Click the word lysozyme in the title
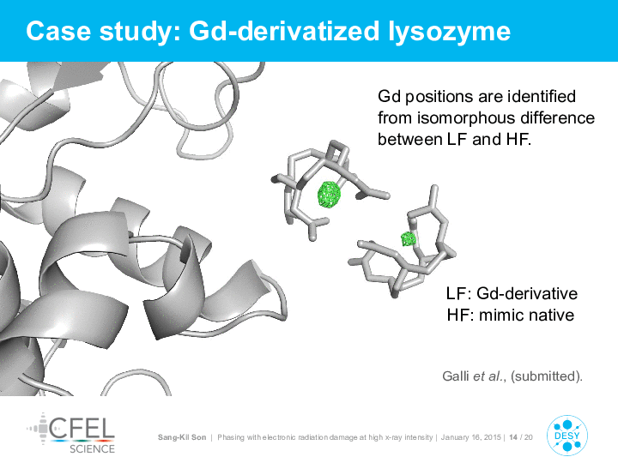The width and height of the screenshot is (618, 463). click(449, 32)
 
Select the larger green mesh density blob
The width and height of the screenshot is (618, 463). click(329, 194)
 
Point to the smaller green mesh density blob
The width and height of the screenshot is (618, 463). click(409, 238)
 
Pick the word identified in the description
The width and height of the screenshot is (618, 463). click(541, 96)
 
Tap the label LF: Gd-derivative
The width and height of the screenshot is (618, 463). click(512, 294)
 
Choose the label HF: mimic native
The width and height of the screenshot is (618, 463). click(511, 315)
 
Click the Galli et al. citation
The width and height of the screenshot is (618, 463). click(512, 376)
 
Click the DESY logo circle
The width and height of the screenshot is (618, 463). click(567, 436)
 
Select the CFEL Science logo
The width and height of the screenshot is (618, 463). click(71, 433)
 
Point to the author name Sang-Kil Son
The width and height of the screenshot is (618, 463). click(182, 437)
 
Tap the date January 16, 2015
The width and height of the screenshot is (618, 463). click(470, 437)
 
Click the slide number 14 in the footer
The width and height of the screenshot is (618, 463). click(513, 437)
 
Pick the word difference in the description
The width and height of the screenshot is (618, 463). click(557, 117)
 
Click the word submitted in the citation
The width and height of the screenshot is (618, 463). click(546, 376)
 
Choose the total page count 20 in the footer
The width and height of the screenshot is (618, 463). click(529, 437)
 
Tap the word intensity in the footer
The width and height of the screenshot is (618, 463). click(418, 437)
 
